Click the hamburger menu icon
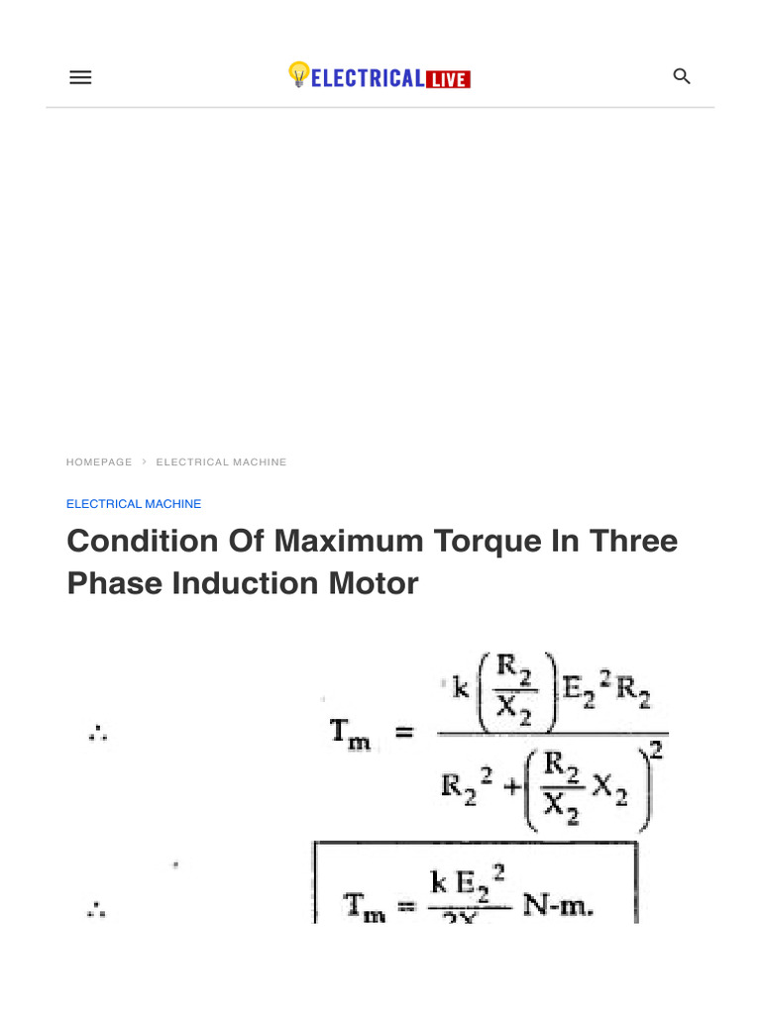click(80, 77)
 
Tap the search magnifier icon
click(682, 76)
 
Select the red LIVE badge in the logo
click(448, 79)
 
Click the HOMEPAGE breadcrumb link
click(99, 462)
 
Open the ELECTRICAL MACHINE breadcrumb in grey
click(221, 462)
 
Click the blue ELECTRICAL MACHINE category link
click(134, 504)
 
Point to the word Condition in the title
click(142, 542)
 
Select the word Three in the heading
click(633, 542)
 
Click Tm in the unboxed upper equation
click(350, 734)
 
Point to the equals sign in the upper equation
click(404, 734)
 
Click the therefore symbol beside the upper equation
click(97, 734)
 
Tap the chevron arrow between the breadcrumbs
click(144, 462)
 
